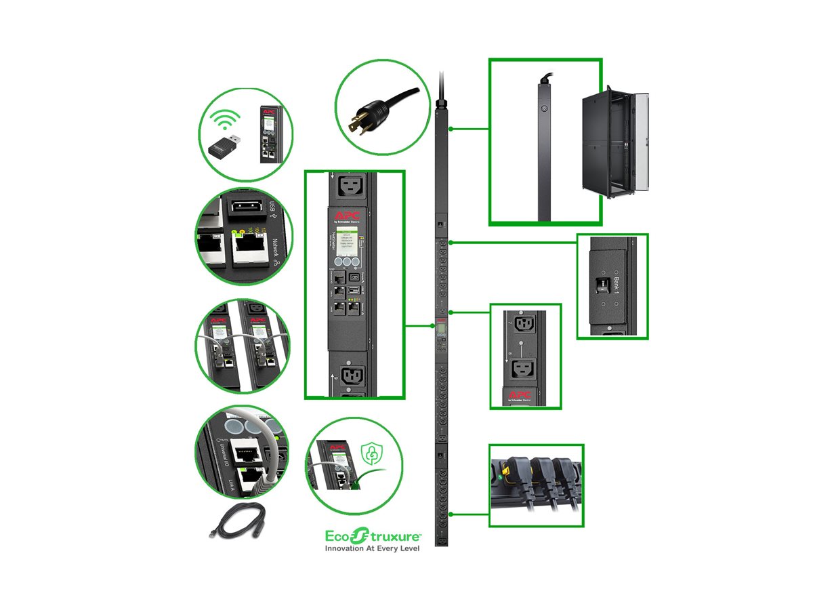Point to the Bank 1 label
coord(616,285)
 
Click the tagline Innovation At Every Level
coord(373,548)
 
